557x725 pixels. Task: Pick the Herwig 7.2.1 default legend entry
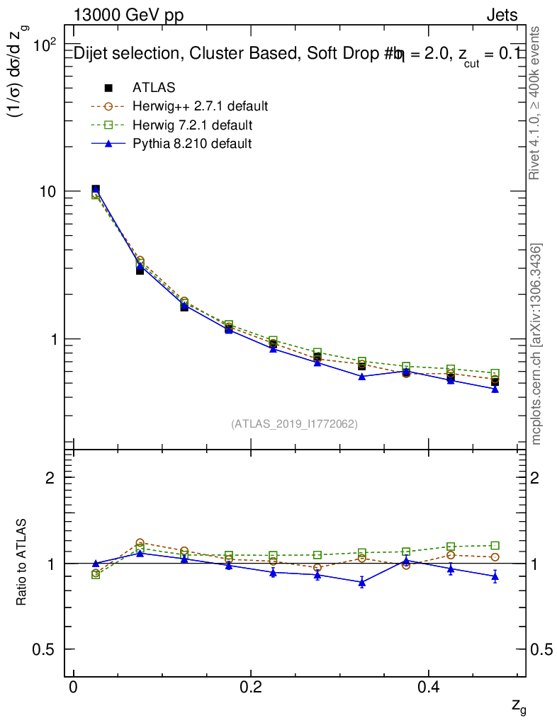pos(191,125)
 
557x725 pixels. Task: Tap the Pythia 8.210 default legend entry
pos(191,144)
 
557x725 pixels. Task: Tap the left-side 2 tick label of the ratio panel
pos(50,478)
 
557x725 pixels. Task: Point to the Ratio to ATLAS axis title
pos(22,562)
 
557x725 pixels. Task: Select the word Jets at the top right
pos(502,15)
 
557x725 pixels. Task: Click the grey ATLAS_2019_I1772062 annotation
pos(294,424)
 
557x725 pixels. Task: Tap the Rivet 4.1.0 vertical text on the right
pos(536,102)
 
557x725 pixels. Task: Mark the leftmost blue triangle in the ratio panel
pos(96,564)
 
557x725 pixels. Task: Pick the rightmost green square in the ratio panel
pos(495,545)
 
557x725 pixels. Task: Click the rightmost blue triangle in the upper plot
pos(495,389)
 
